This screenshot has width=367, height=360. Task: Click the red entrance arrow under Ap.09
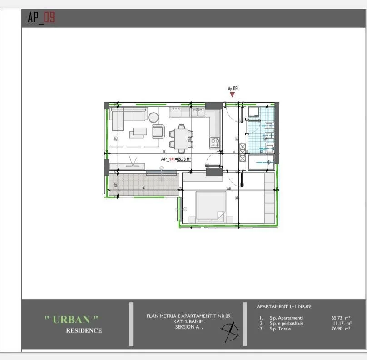tap(233, 94)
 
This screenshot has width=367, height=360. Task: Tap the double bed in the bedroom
tap(211, 207)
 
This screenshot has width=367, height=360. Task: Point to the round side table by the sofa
tap(153, 117)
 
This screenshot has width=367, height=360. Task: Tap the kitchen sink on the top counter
tap(198, 111)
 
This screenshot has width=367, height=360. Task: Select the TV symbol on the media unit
tap(134, 161)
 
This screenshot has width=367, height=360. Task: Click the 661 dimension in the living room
tap(165, 152)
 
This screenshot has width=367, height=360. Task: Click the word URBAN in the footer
tap(71, 319)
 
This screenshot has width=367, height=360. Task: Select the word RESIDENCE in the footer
tap(84, 330)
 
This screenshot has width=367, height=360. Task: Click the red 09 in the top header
tap(50, 18)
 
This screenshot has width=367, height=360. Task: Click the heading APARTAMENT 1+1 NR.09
tap(284, 306)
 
